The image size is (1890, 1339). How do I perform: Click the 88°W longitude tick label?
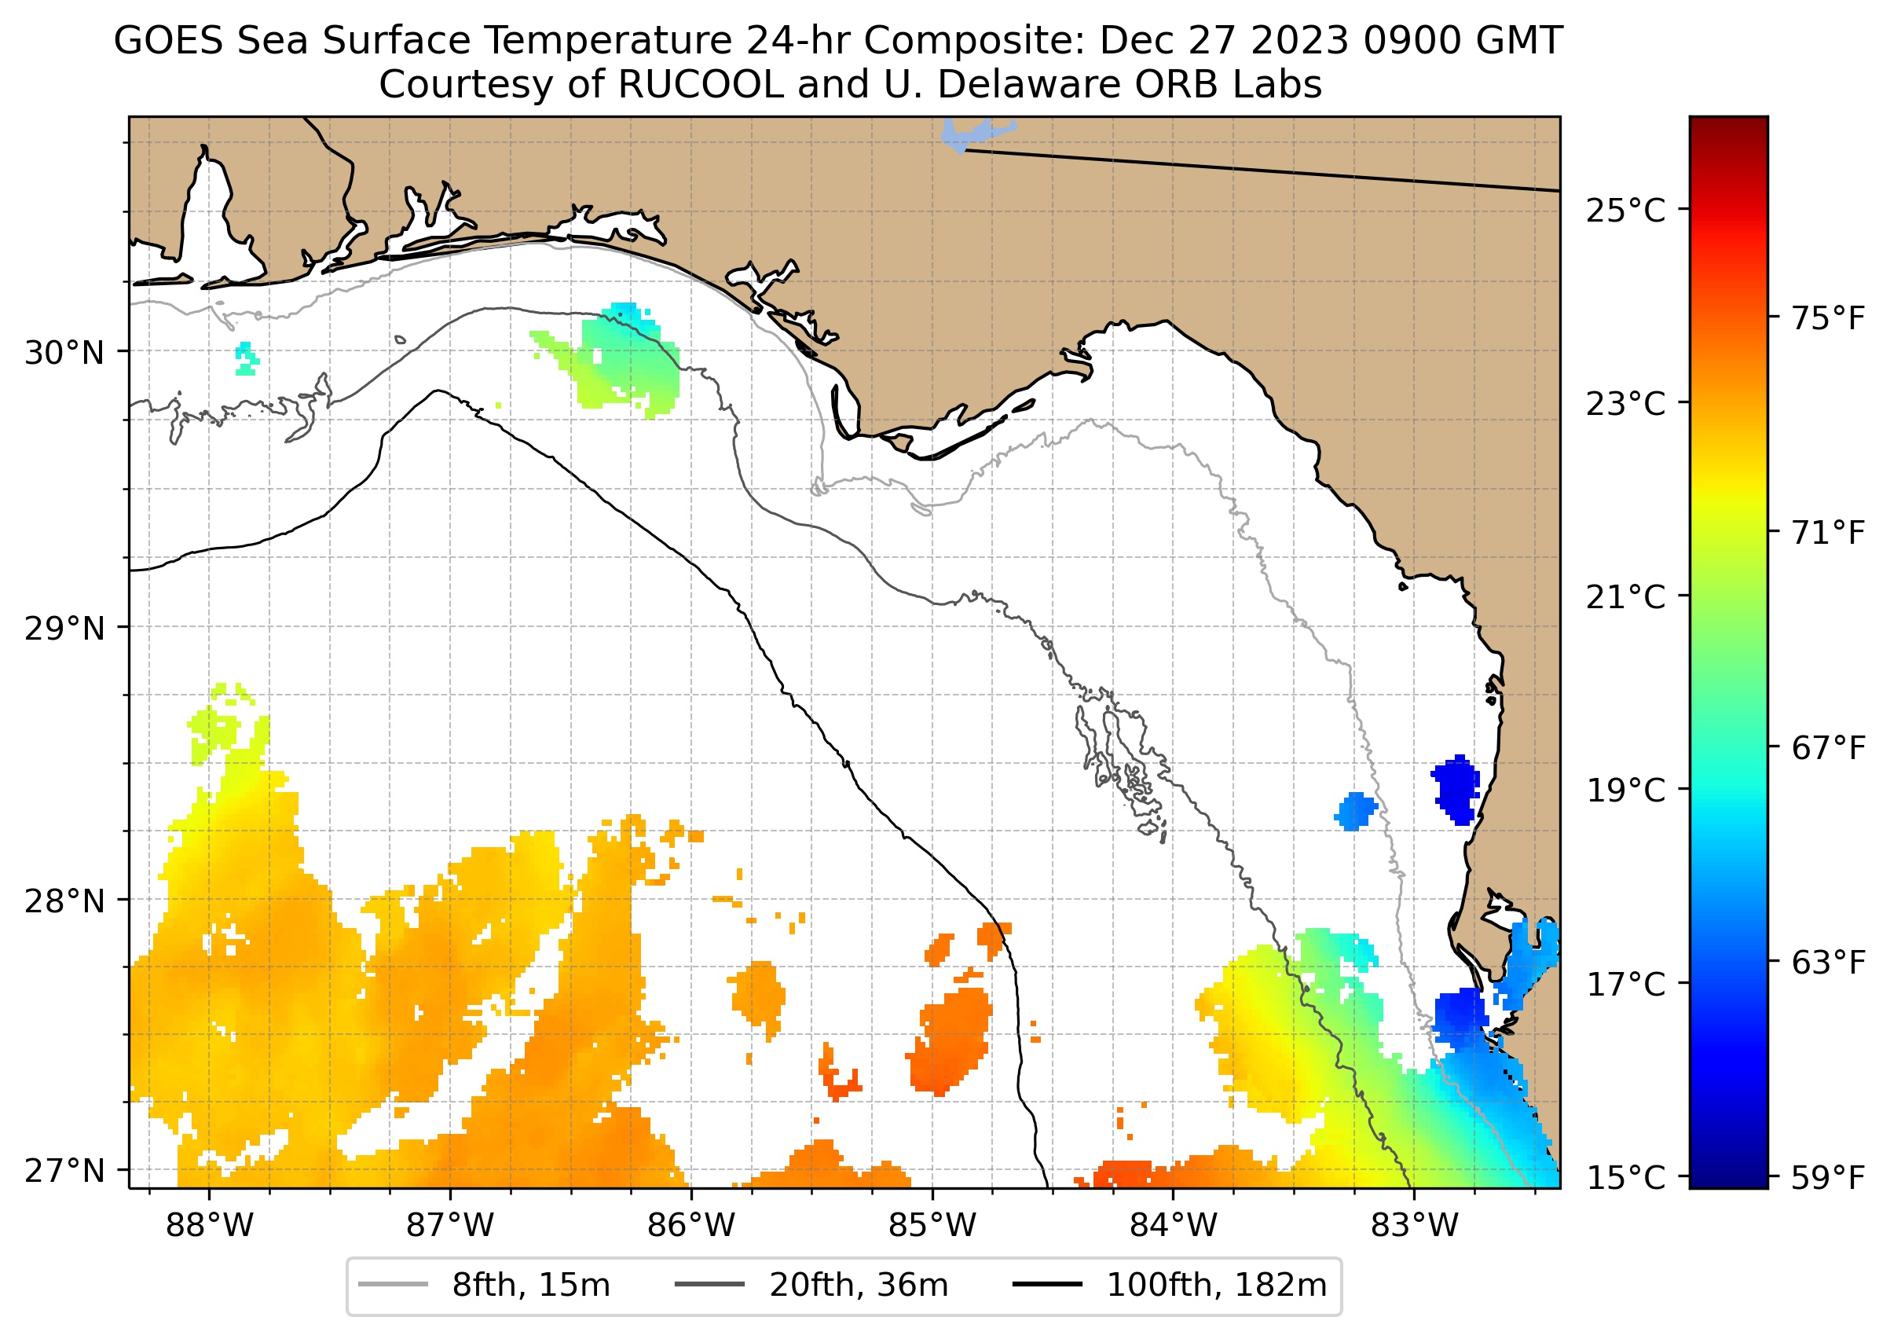click(x=210, y=1226)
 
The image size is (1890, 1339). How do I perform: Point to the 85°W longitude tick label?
click(x=932, y=1226)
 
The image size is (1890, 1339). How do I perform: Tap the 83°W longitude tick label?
click(x=1415, y=1226)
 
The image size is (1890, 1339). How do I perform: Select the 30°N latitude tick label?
click(x=65, y=353)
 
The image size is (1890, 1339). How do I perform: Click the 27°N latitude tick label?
click(x=65, y=1170)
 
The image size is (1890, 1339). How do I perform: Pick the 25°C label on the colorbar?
click(x=1625, y=211)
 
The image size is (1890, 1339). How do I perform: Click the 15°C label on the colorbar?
click(x=1625, y=1177)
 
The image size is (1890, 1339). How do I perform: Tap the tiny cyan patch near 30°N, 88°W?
click(x=246, y=358)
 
